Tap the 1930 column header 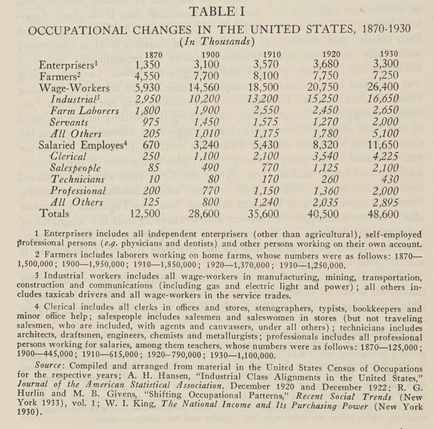(x=389, y=54)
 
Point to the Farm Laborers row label (x=85, y=111)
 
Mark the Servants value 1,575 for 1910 (x=262, y=122)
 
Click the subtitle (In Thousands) (x=217, y=42)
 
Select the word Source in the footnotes (x=48, y=368)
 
